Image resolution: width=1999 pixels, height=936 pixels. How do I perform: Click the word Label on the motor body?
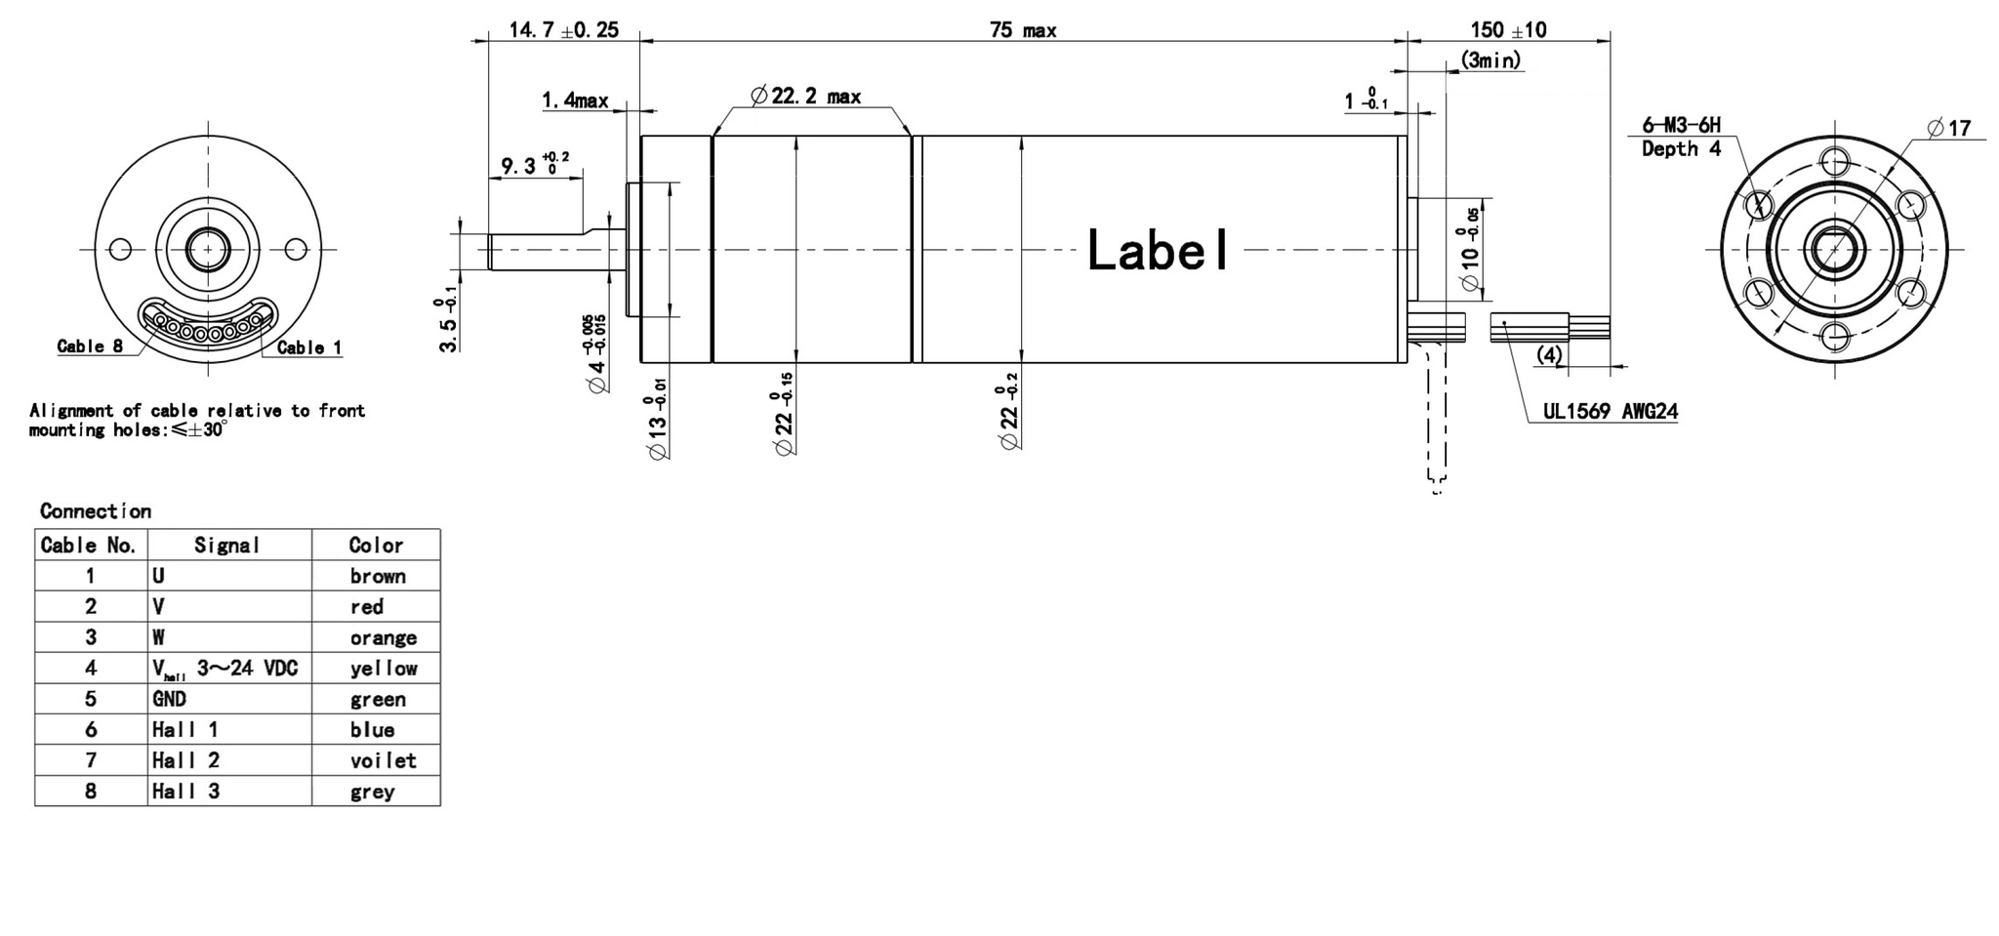(1157, 251)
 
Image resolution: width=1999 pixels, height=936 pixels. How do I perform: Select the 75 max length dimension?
(1022, 30)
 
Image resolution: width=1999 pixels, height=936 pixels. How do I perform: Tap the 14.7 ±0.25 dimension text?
(563, 30)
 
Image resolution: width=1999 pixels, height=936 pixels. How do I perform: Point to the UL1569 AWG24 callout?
(1610, 412)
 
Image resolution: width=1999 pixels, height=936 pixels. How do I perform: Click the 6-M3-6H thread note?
(1681, 125)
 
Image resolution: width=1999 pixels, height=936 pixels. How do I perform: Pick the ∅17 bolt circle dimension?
(1948, 128)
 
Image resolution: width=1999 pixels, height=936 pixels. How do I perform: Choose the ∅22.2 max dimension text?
(806, 96)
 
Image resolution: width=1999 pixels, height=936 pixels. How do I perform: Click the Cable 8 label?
(90, 346)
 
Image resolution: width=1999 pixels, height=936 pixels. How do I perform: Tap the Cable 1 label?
(309, 347)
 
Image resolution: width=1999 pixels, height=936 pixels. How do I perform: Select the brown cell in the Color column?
(378, 576)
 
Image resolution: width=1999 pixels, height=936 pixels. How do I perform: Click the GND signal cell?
(169, 699)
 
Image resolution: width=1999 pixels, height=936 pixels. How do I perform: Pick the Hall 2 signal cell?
(185, 760)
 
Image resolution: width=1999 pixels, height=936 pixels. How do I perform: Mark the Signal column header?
(227, 546)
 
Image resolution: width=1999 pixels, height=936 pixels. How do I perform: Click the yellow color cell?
(384, 669)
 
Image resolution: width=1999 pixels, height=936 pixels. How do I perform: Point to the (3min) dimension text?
(1490, 61)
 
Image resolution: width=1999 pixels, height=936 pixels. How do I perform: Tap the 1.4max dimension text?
(575, 101)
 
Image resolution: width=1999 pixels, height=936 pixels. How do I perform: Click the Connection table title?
(96, 511)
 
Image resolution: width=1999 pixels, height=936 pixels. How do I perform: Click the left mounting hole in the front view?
(120, 250)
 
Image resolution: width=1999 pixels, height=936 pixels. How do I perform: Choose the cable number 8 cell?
(91, 792)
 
